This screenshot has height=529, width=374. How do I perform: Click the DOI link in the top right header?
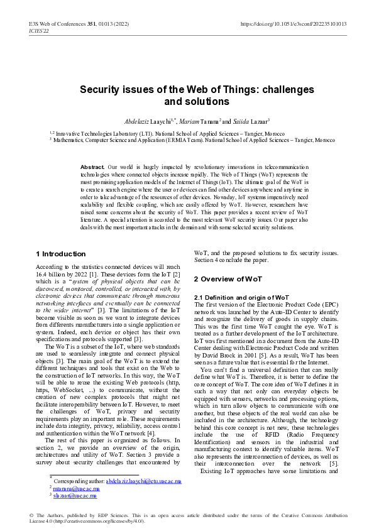294,24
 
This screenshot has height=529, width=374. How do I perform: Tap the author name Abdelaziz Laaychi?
143,120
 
